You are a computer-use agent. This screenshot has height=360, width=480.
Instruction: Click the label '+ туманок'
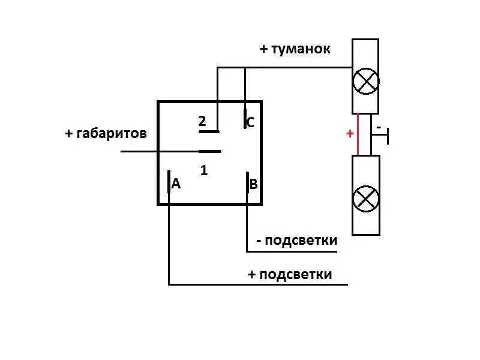click(295, 49)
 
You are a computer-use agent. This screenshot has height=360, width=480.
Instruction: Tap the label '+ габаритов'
click(106, 133)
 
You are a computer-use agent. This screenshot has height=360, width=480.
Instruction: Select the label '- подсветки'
click(296, 241)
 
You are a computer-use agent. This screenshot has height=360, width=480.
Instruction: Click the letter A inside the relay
click(176, 184)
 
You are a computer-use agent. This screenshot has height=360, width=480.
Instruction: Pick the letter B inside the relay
click(253, 184)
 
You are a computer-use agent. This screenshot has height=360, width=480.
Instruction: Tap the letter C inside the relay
click(251, 123)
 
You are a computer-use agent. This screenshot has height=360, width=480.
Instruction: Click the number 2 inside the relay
click(202, 122)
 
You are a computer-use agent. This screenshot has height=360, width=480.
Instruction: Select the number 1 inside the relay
click(204, 170)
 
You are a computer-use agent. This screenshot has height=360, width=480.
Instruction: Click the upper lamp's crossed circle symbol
click(365, 82)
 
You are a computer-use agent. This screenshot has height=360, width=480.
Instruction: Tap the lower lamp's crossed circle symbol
click(365, 199)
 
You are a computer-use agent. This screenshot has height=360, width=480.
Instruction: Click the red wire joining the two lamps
click(358, 134)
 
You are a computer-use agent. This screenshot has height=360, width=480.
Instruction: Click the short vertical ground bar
click(389, 136)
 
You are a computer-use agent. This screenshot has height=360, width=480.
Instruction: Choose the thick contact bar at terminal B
click(247, 182)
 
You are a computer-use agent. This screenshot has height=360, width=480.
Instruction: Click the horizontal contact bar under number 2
click(209, 131)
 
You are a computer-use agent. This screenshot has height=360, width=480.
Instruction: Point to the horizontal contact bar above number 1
click(210, 151)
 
